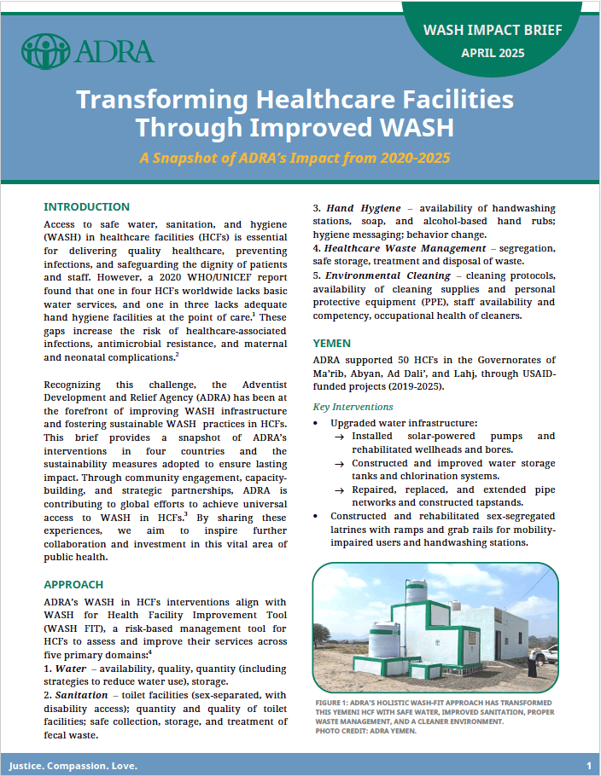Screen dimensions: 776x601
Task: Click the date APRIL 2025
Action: coord(493,53)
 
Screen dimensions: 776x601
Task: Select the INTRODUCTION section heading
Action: coord(87,207)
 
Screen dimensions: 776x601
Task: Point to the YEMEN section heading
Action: coord(332,343)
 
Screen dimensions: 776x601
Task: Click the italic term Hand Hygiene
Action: coord(364,208)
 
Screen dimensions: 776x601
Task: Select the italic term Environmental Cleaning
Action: coord(388,275)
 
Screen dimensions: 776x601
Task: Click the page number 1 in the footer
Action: coord(588,765)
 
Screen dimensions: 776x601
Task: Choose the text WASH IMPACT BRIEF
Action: coord(493,30)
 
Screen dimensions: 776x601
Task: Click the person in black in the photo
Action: coord(533,664)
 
